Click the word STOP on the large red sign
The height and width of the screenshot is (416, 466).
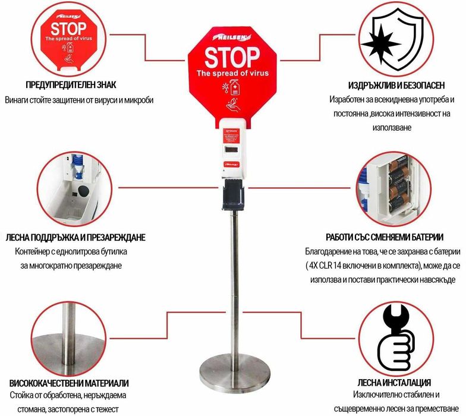coord(232,56)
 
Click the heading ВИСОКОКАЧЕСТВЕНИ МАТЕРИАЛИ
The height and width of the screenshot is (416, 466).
coord(69,383)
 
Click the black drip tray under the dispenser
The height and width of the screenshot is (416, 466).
coord(232,197)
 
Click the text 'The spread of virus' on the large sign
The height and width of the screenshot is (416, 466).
coord(232,73)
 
